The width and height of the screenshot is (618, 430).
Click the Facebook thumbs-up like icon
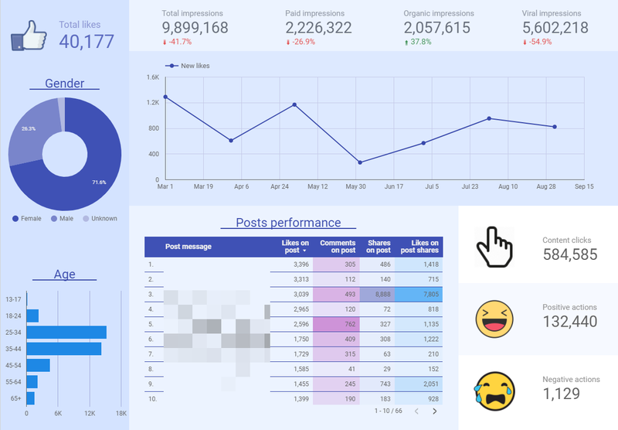[x=30, y=35]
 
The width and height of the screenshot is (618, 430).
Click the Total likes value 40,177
[x=87, y=41]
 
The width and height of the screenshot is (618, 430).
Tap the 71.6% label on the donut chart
[x=98, y=182]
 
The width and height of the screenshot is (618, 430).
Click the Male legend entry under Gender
[x=65, y=219]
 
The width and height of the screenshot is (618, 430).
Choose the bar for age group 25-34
[x=66, y=333]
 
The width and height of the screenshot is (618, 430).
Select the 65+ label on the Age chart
[x=14, y=398]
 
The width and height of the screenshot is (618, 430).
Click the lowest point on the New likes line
[x=360, y=162]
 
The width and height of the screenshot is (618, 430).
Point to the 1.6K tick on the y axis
[x=152, y=77]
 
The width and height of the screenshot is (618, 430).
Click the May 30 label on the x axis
[x=355, y=186]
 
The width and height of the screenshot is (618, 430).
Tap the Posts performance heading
[x=288, y=223]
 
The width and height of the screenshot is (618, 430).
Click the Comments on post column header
[x=338, y=247]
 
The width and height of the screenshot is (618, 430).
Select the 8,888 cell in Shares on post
[x=379, y=295]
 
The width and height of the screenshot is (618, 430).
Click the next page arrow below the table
[x=434, y=411]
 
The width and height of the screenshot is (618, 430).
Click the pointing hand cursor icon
[x=494, y=246]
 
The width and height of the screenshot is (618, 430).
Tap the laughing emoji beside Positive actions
[x=494, y=318]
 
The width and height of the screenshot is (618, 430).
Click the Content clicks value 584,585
[x=569, y=254]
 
